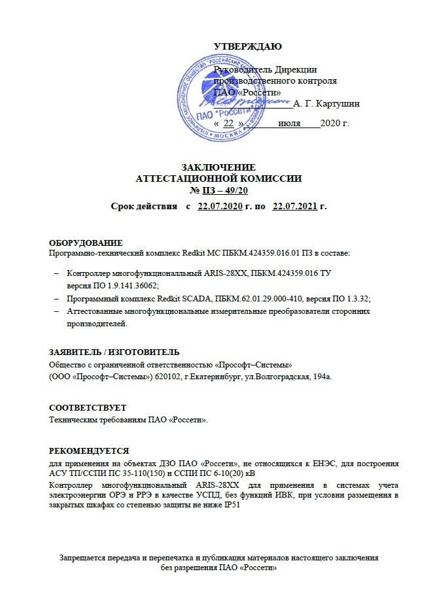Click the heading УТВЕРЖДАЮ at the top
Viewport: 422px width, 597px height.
click(248, 46)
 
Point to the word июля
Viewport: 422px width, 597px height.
click(289, 122)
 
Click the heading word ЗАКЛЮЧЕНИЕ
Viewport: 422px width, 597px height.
click(218, 167)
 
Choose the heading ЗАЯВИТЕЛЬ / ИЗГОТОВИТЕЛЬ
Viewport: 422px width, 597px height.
click(114, 352)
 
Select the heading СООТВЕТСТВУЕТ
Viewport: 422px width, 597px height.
click(88, 407)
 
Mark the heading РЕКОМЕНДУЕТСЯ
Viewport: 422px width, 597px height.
click(90, 451)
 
